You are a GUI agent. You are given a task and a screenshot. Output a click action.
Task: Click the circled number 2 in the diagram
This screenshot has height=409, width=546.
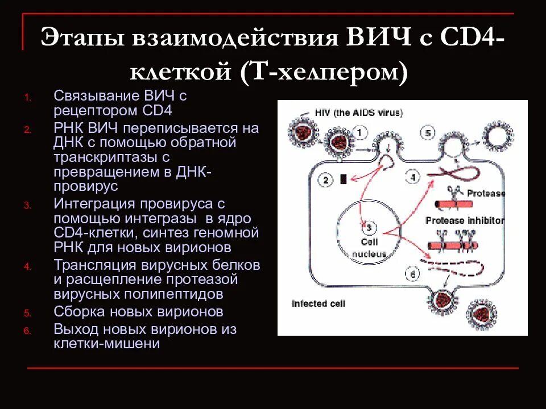[x=325, y=181]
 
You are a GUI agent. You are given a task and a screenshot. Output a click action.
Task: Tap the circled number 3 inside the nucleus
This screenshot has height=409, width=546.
[x=369, y=228]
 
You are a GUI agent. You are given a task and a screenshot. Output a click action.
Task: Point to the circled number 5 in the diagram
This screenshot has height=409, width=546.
[x=429, y=134]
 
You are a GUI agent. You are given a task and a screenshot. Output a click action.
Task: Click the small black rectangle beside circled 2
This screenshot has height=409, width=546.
[x=343, y=180]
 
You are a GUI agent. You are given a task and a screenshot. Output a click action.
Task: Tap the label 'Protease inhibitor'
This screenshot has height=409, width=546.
[x=465, y=220]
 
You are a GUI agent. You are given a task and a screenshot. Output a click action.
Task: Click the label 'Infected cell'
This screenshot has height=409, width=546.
[x=318, y=303]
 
